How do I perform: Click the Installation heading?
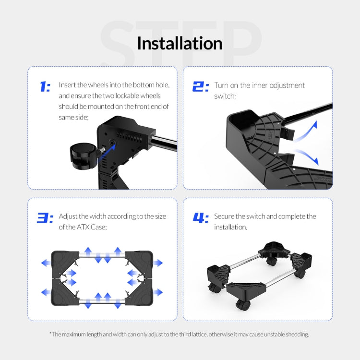180,43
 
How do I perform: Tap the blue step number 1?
44,87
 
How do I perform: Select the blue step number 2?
200,87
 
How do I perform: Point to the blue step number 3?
45,218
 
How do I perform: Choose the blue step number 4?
200,218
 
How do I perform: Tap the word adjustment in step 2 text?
286,85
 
